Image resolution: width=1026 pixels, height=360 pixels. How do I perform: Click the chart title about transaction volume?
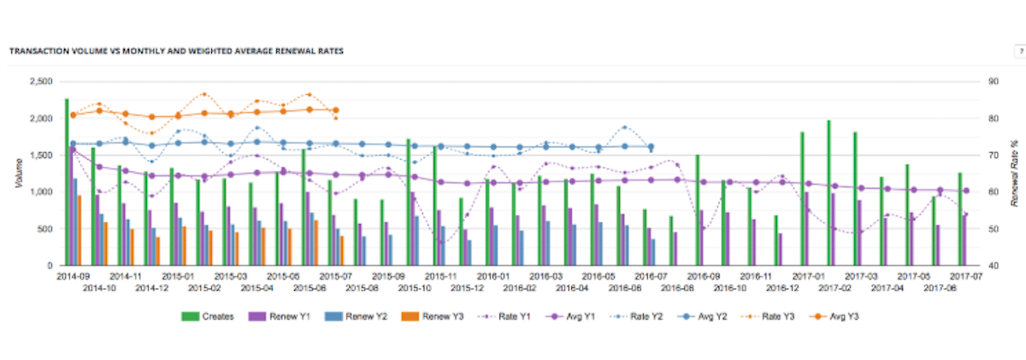tap(176, 51)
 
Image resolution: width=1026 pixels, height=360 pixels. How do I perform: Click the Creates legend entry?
tap(211, 317)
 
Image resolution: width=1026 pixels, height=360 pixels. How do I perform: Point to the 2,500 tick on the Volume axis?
tap(39, 82)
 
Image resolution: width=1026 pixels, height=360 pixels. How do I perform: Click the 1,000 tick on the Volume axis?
tap(39, 192)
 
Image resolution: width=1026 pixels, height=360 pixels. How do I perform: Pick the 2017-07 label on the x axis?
tap(964, 277)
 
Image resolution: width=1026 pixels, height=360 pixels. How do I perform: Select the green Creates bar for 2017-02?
tap(829, 193)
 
